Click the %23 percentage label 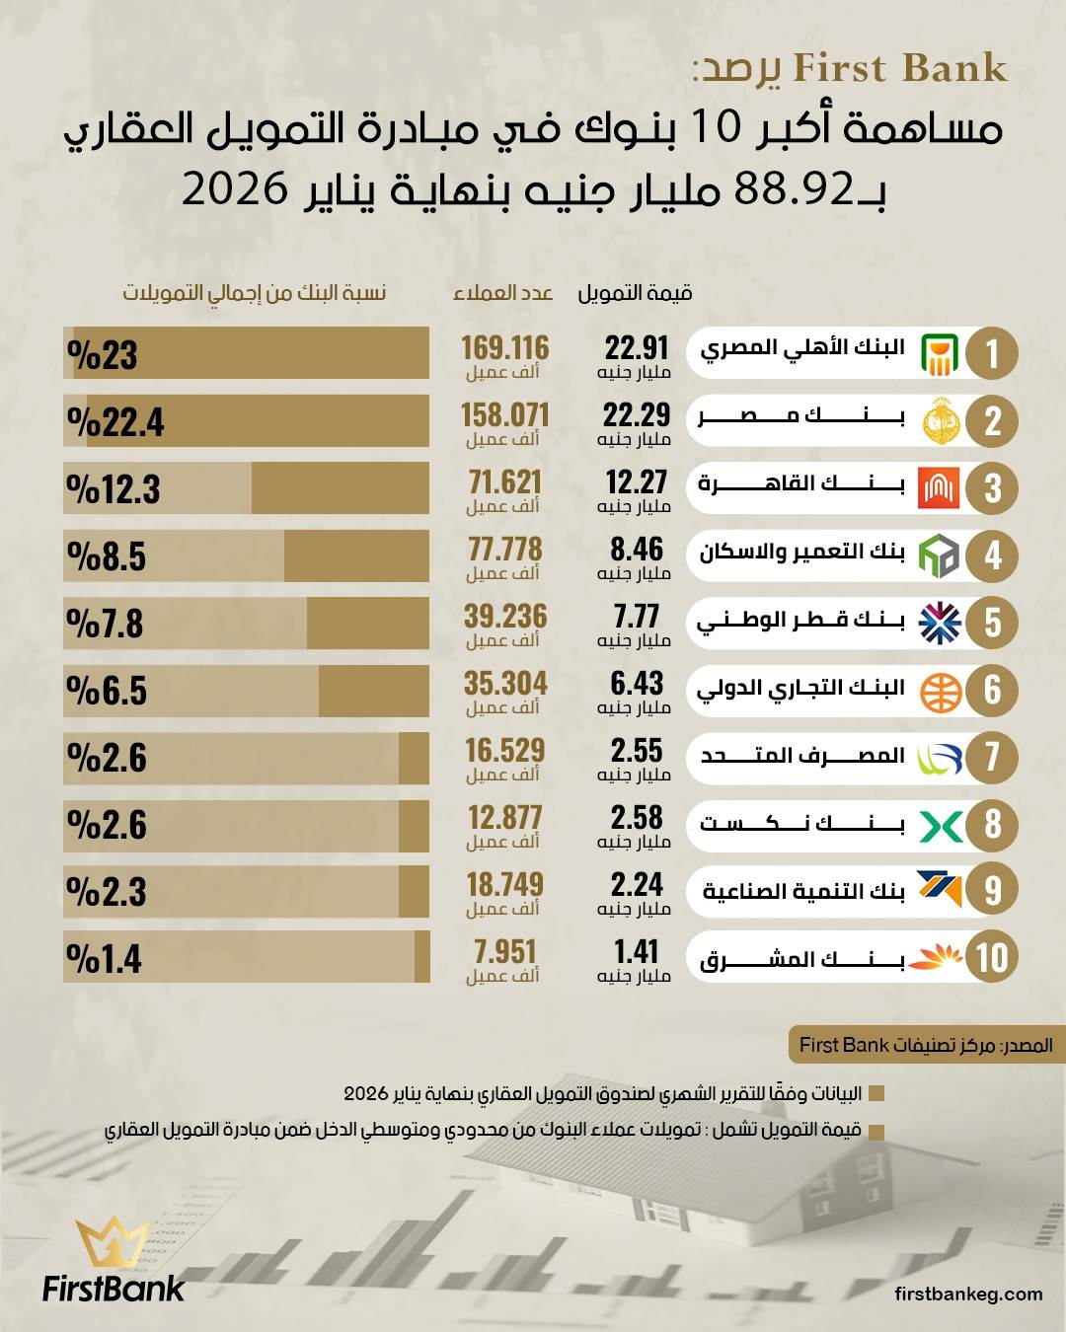103,355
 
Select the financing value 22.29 637,415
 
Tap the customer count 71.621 504,482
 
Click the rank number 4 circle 992,555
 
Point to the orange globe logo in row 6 940,691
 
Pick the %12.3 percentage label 114,489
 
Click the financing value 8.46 637,550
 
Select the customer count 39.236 504,617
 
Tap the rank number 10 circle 992,958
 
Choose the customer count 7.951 504,952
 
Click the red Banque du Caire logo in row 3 938,487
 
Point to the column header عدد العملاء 502,293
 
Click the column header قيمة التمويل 635,293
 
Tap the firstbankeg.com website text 968,1294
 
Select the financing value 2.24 637,885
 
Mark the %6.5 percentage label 107,691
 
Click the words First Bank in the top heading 899,69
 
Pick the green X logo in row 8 940,825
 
